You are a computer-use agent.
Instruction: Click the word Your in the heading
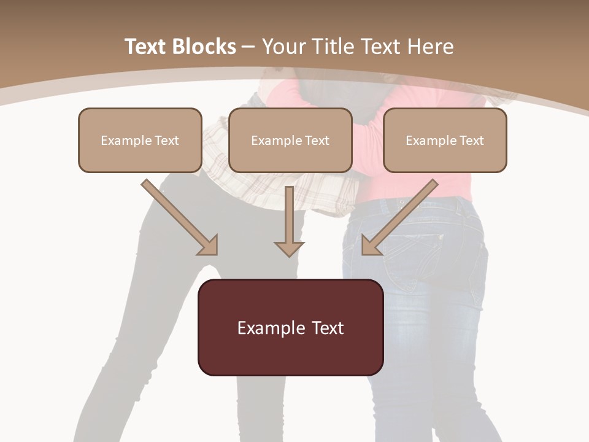(284, 47)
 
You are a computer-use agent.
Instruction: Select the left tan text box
(140, 141)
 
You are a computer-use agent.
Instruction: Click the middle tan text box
(290, 141)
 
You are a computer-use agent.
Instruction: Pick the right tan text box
(445, 141)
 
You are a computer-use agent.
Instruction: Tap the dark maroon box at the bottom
(290, 327)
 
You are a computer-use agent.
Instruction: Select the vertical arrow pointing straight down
(290, 221)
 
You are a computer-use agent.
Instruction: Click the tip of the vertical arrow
(290, 254)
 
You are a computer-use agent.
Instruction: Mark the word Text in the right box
(471, 141)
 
